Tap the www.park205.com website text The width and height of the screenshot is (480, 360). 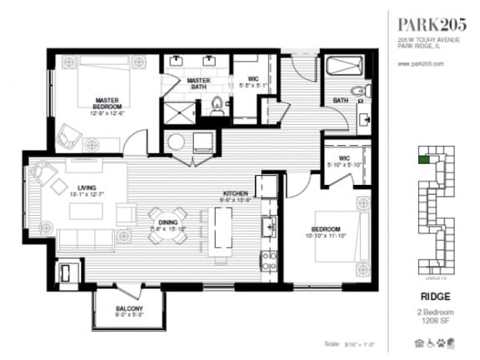(x=421, y=63)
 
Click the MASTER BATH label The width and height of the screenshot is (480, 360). (x=199, y=83)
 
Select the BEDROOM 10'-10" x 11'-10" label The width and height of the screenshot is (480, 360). (x=325, y=232)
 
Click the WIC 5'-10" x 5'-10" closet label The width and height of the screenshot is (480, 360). (x=343, y=161)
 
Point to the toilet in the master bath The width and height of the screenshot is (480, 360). (x=218, y=107)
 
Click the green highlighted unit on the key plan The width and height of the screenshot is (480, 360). (x=424, y=154)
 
